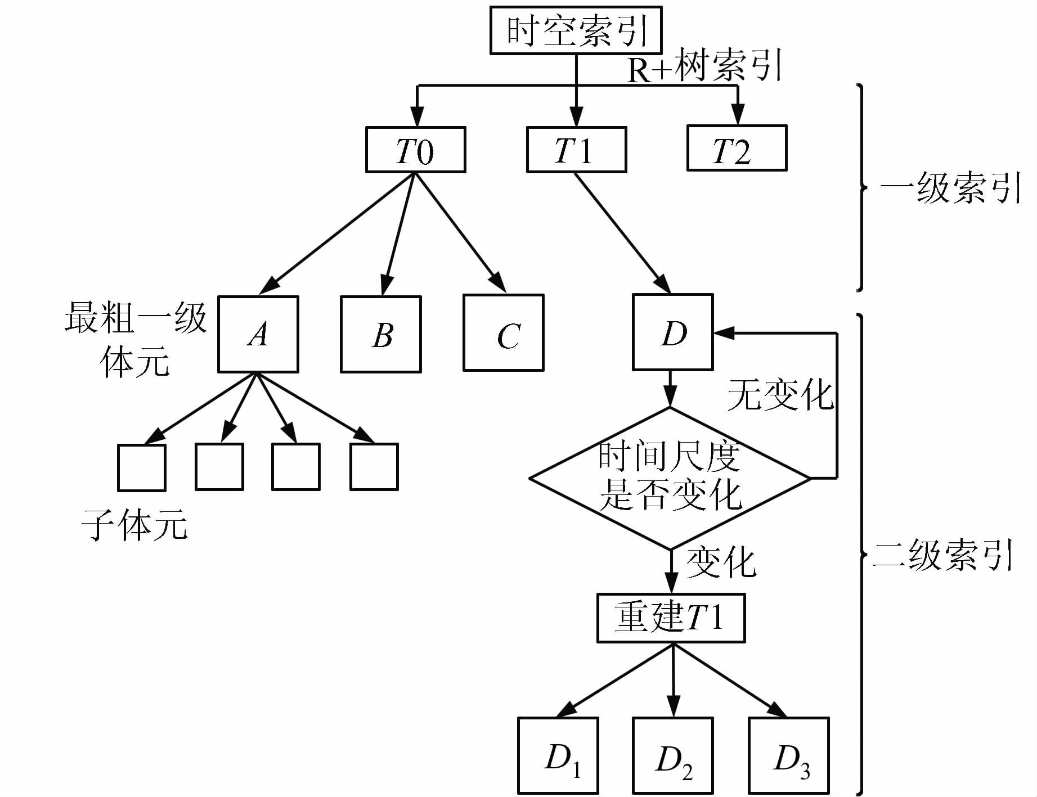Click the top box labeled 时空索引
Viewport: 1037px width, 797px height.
pos(576,30)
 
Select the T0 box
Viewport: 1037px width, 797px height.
pos(415,150)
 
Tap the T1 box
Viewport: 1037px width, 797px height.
pos(576,150)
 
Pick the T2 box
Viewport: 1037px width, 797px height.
pos(737,148)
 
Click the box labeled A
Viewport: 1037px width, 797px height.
pos(258,334)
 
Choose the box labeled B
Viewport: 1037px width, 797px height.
pos(381,334)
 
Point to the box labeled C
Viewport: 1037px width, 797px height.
pos(504,333)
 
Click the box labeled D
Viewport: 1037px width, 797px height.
pos(672,332)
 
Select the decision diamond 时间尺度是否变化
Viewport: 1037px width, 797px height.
pos(670,479)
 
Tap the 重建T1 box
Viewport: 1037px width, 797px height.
pos(671,618)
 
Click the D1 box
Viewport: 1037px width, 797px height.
pos(558,755)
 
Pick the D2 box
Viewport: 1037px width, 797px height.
pos(672,755)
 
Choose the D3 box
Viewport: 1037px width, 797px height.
pos(789,755)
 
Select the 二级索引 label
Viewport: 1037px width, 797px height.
pos(943,556)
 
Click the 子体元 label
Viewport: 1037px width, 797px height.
pos(135,525)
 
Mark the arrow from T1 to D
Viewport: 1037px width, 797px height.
pos(622,233)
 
